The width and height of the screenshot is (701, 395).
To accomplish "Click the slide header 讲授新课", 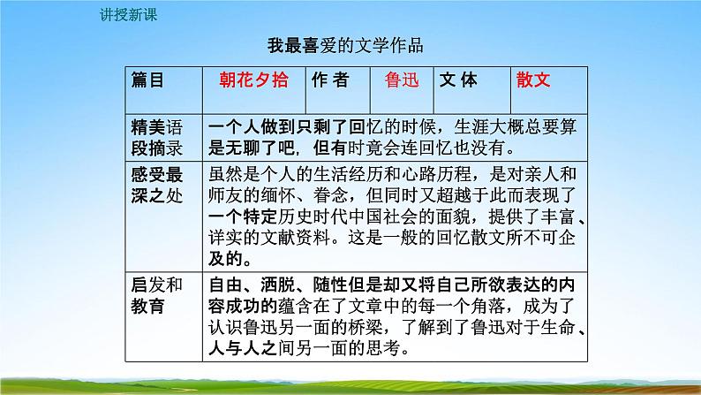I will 124,15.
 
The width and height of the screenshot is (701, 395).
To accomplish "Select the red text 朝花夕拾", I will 253,80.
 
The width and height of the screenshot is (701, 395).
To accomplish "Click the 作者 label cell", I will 330,80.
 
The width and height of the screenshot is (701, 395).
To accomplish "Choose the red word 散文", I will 534,80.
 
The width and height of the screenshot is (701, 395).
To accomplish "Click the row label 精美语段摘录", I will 156,136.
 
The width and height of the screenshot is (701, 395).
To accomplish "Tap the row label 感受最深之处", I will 156,185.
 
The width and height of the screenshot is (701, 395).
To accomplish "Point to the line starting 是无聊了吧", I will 357,147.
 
